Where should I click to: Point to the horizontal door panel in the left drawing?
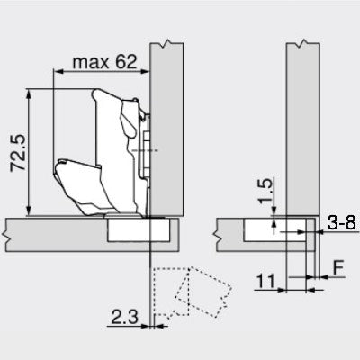54,231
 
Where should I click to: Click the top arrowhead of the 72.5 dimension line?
32,91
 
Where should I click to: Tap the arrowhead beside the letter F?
321,280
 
